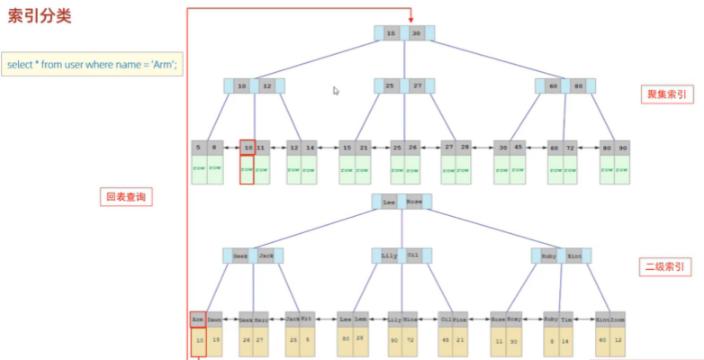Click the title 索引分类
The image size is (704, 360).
pos(41,17)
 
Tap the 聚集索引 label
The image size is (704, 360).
pos(664,94)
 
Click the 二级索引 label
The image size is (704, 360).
pos(664,266)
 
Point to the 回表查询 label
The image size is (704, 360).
pos(125,196)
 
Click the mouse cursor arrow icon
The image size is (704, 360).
pos(336,90)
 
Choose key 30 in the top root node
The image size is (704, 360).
pos(417,33)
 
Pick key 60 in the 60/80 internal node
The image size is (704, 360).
pos(554,86)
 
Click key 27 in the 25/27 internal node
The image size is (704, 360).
pos(417,86)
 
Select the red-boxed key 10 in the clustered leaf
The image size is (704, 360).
pos(247,147)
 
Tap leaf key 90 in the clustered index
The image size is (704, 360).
pos(622,147)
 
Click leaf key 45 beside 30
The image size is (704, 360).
pos(518,147)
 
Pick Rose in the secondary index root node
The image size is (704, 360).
pos(413,202)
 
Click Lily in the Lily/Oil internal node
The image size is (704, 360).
pos(389,256)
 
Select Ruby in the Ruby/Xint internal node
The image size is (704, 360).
pos(549,256)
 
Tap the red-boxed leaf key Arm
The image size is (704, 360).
pos(198,318)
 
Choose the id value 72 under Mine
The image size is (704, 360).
pos(410,340)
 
